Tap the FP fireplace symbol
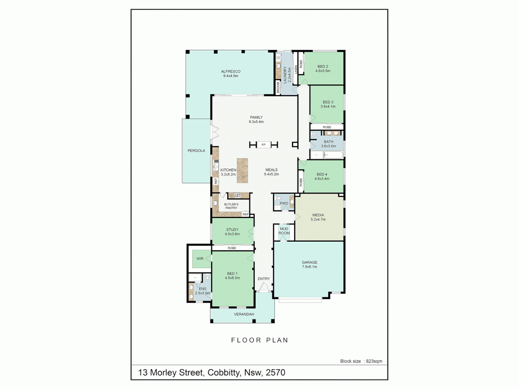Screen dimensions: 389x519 click(263, 145)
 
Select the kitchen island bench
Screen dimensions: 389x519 click(242, 170)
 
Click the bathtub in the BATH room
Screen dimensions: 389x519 click(333, 155)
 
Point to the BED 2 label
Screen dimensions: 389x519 click(323, 67)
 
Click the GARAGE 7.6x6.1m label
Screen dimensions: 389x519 click(310, 265)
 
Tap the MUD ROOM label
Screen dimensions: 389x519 click(284, 231)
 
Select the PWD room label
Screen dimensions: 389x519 click(284, 204)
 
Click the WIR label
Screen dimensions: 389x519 click(200, 259)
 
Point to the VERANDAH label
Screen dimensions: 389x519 click(244, 314)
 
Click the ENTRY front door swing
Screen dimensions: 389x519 click(264, 287)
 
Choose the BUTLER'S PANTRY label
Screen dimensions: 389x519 click(231, 206)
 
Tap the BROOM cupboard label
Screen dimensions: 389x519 click(278, 87)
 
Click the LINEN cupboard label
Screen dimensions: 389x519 click(296, 69)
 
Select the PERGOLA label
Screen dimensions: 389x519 click(196, 151)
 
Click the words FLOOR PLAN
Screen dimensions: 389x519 click(259, 340)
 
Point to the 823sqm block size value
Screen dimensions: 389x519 click(374, 361)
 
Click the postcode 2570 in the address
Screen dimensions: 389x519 click(275, 372)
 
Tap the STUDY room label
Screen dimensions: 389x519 click(232, 230)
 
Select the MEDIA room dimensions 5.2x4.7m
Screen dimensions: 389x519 click(318, 219)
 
